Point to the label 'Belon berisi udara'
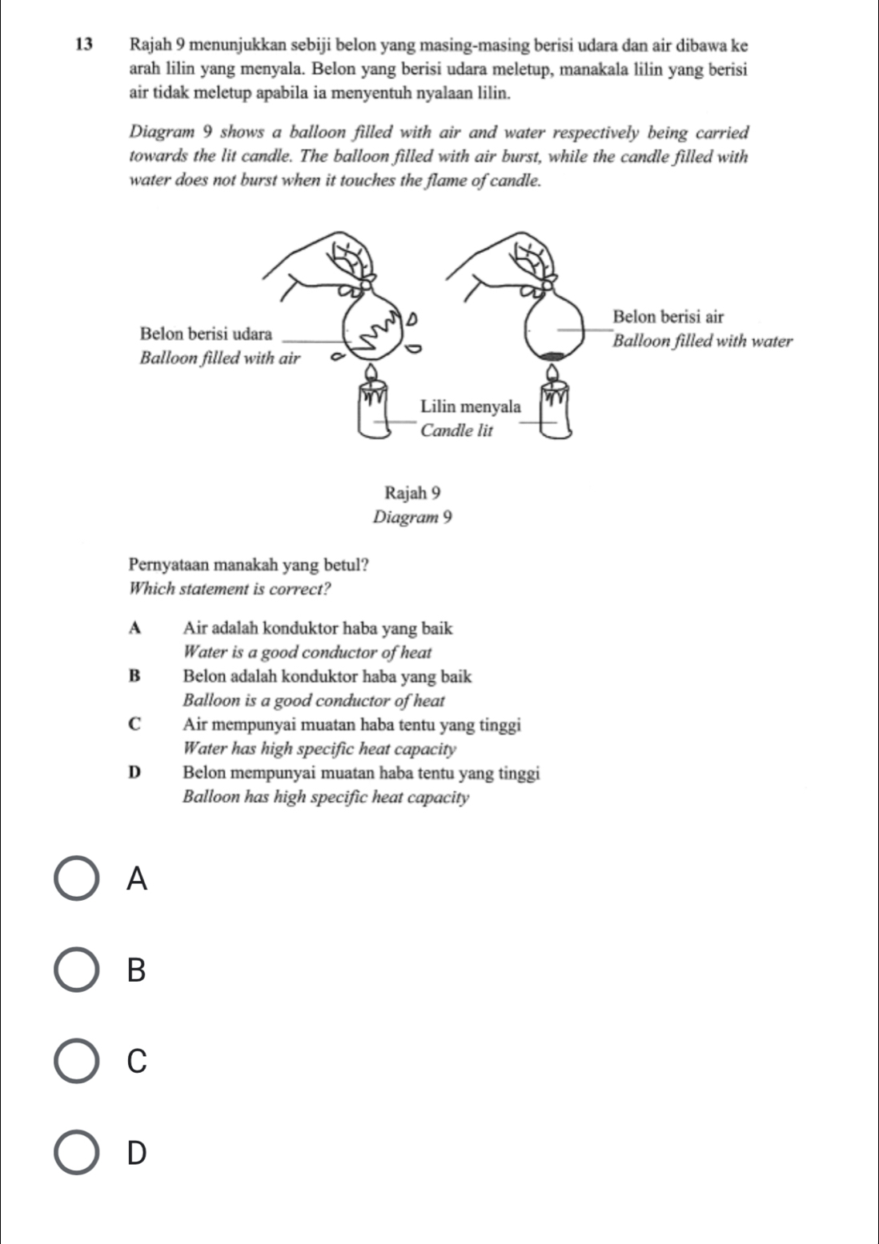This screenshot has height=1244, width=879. [x=206, y=332]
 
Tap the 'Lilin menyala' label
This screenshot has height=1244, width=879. [x=471, y=406]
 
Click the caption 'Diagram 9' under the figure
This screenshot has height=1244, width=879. [x=413, y=518]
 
